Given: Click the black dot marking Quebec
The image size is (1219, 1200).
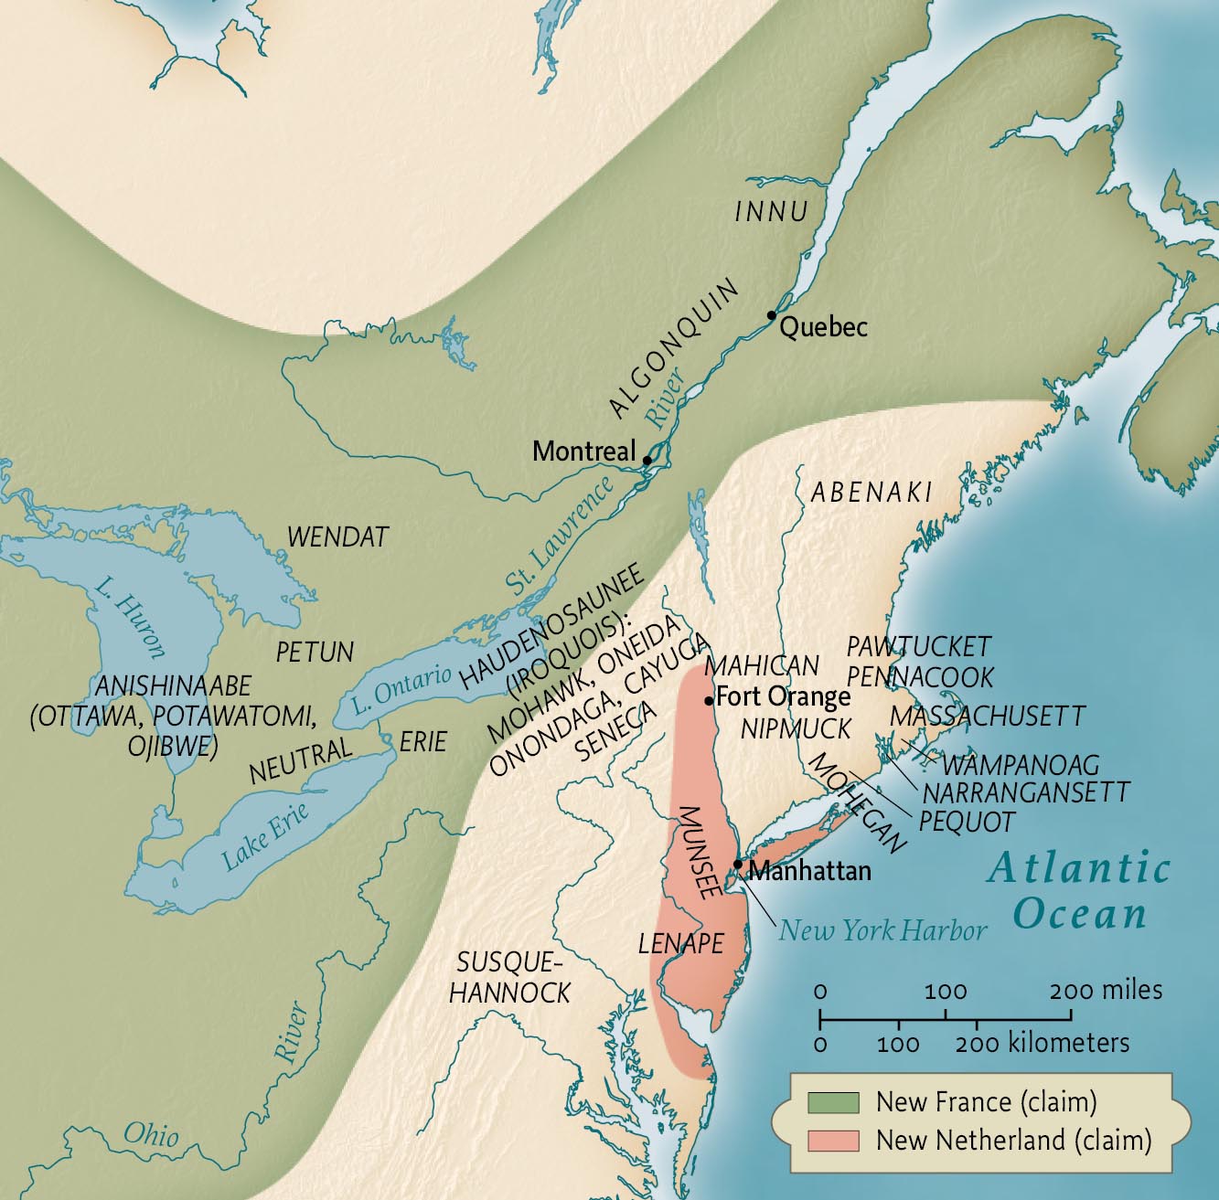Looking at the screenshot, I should (772, 315).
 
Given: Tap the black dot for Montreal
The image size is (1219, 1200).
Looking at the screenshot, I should (647, 460).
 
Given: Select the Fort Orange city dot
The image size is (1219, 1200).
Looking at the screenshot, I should (709, 701).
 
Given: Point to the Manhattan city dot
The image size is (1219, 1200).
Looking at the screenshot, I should (738, 864).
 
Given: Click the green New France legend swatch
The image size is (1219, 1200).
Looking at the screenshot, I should (832, 1102).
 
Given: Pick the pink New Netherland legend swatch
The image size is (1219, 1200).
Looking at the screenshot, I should (832, 1141).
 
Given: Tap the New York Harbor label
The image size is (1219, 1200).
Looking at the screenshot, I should (882, 930).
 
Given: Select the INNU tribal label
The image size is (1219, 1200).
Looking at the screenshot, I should (772, 212).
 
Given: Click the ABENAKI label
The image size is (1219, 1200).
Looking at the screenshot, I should (871, 492).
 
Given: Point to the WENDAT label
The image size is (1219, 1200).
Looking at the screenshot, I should (338, 536).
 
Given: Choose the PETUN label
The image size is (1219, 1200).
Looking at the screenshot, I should (315, 652).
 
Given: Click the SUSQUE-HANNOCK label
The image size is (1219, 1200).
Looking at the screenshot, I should (509, 976).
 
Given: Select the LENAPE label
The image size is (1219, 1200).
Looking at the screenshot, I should (680, 943).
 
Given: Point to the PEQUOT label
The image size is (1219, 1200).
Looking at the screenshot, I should (967, 821).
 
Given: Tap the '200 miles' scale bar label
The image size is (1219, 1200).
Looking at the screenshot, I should (1107, 990).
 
